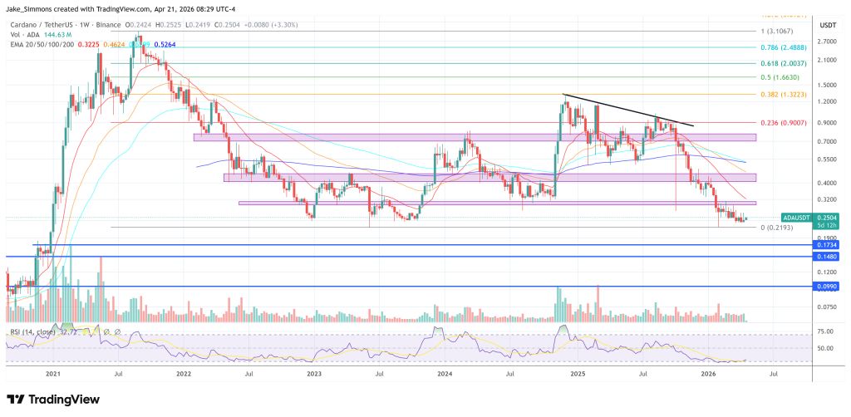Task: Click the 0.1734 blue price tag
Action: click(x=827, y=245)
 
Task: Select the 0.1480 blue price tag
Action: click(x=827, y=257)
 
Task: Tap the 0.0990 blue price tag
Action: click(x=827, y=286)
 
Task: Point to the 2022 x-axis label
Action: click(x=184, y=375)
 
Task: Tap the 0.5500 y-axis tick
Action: click(x=827, y=159)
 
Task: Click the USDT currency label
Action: click(x=827, y=26)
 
